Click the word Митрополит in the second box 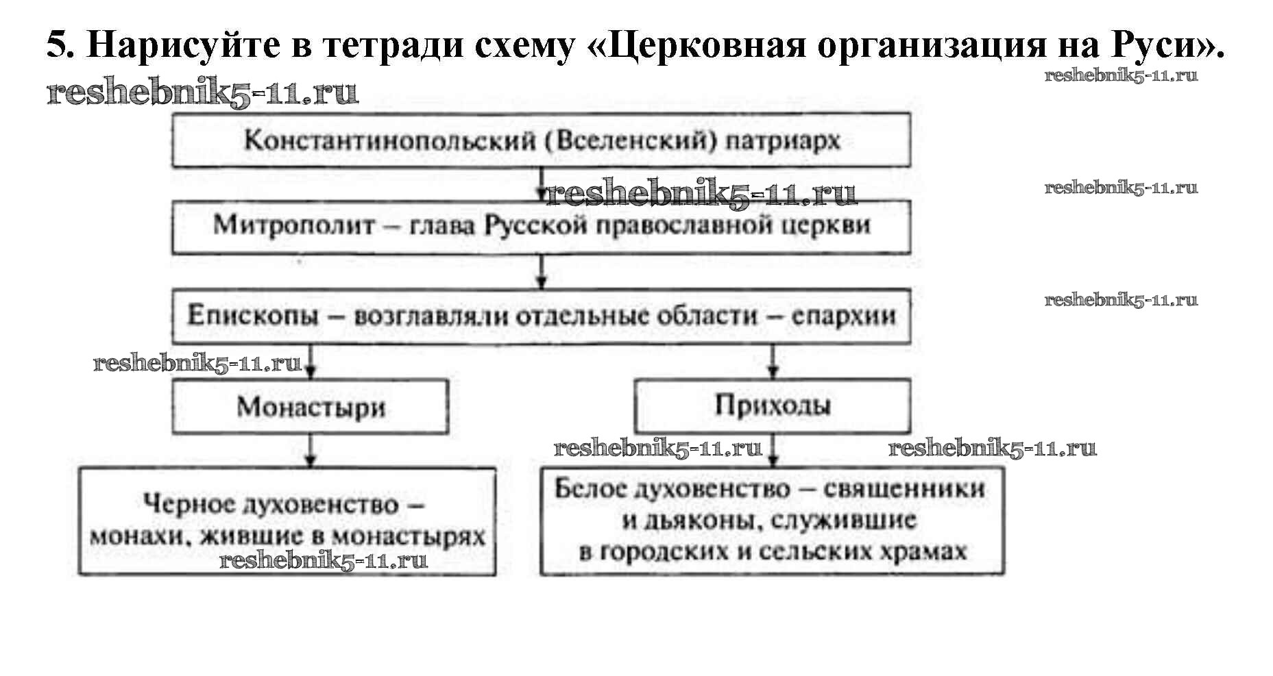point(293,225)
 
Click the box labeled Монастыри point(311,407)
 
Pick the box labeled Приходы point(773,405)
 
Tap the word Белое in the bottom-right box point(590,488)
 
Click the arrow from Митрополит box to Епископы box point(542,272)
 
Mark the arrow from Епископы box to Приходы point(773,362)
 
